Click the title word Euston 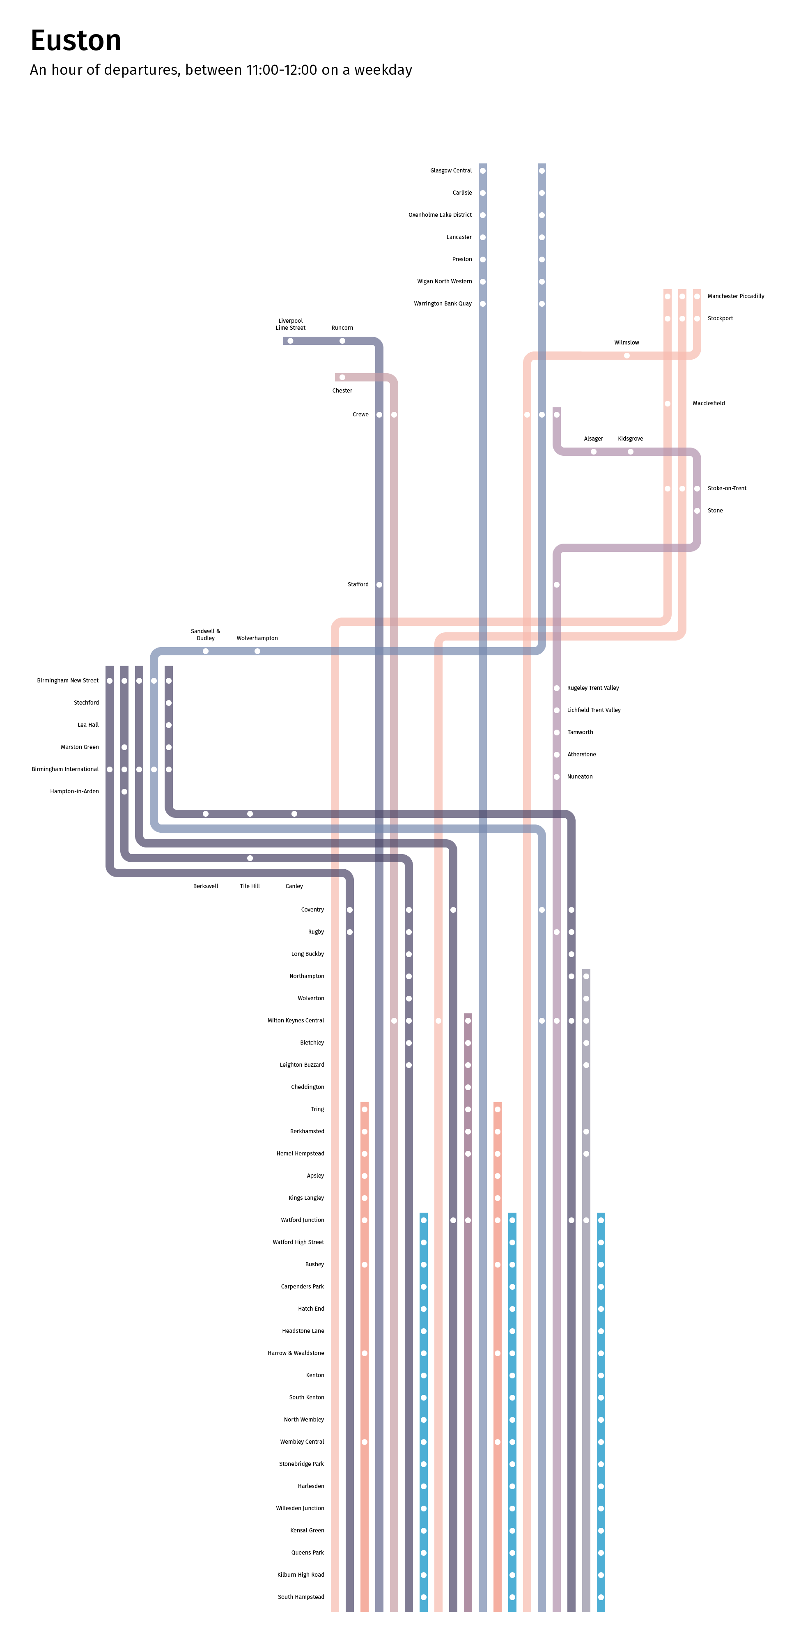(x=76, y=41)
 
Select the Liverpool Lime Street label (x=291, y=324)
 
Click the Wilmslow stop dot (x=626, y=356)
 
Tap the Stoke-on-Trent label (x=726, y=488)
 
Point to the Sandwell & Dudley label (x=205, y=635)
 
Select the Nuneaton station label (x=580, y=777)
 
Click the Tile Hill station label (x=250, y=886)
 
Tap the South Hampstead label (x=301, y=1597)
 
